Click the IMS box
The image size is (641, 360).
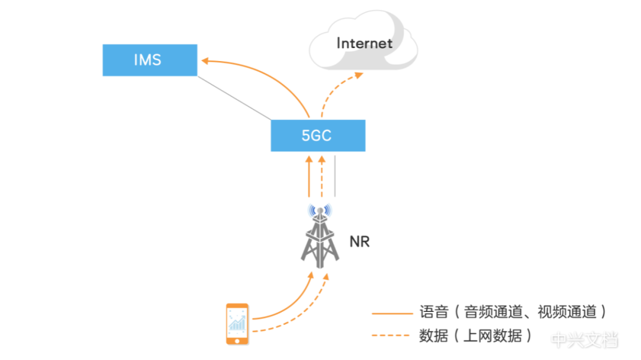click(150, 60)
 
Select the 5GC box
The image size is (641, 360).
click(318, 135)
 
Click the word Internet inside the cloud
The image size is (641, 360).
click(364, 43)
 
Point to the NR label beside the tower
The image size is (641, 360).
click(359, 241)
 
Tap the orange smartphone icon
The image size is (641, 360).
click(237, 324)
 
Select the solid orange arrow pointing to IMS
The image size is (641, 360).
click(261, 71)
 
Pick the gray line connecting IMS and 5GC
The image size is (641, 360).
click(234, 97)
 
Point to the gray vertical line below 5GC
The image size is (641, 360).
click(335, 176)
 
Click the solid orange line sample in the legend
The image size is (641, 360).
click(391, 313)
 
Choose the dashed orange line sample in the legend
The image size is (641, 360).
click(391, 335)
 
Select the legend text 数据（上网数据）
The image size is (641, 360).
click(475, 335)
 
